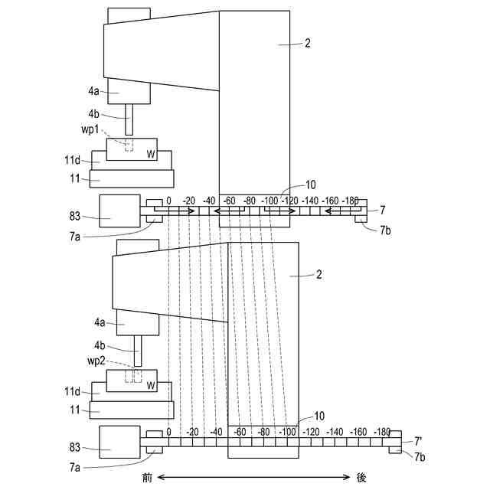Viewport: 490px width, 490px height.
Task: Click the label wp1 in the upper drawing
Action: pos(93,129)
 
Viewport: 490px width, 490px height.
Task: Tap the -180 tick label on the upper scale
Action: pos(351,201)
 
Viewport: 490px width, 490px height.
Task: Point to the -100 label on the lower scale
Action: pos(288,433)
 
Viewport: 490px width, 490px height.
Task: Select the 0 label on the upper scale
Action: pos(168,201)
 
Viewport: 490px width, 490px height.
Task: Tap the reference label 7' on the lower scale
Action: pos(419,441)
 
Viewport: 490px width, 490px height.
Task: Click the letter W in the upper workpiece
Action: pos(151,153)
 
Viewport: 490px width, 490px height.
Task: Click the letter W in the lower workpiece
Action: pos(151,385)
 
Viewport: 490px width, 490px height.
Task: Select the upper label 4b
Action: pos(95,113)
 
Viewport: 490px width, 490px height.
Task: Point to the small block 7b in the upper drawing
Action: pos(361,220)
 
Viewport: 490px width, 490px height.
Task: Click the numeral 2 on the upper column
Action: pos(306,44)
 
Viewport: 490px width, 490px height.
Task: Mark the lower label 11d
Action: pos(72,391)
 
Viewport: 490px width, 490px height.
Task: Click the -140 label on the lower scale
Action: pos(335,433)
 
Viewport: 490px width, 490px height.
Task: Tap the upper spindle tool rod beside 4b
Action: pos(128,119)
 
